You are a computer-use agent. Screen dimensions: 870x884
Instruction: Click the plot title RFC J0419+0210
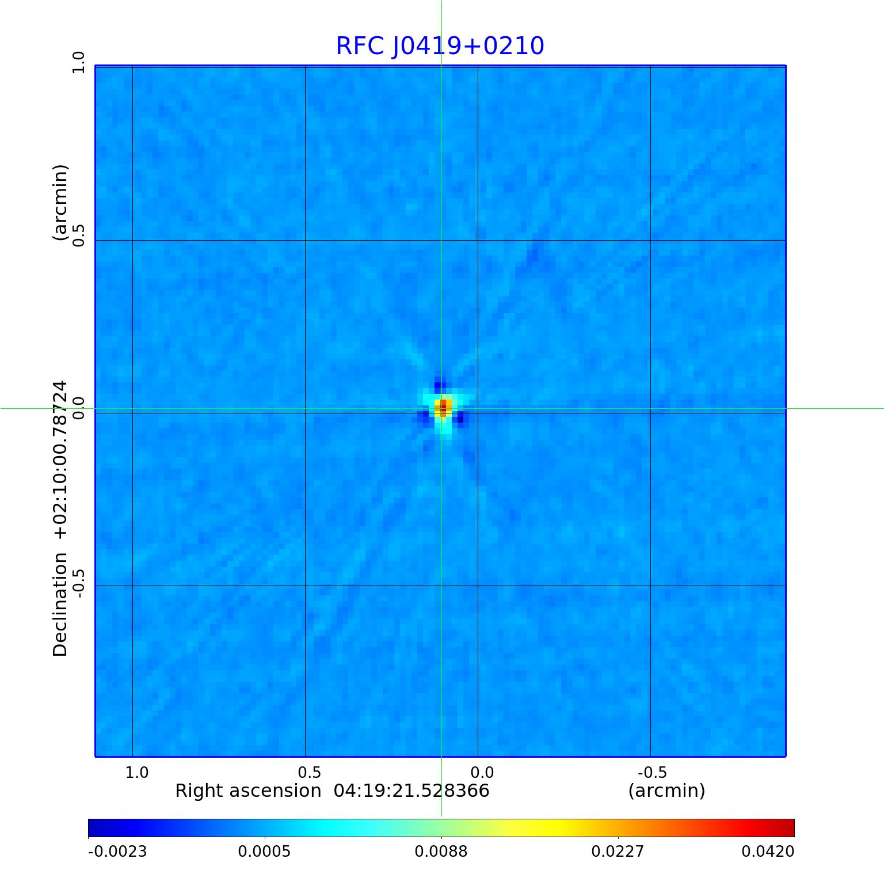440,46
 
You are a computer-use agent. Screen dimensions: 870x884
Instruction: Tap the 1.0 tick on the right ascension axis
137,772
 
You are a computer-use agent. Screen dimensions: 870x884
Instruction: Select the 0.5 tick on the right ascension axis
309,772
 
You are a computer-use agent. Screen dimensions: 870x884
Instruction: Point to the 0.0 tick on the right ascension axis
482,772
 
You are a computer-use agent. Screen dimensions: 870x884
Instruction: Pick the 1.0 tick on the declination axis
78,62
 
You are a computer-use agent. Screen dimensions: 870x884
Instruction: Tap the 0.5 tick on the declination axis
78,235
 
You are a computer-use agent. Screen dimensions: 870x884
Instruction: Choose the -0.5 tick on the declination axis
78,583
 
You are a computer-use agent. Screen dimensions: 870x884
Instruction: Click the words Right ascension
248,791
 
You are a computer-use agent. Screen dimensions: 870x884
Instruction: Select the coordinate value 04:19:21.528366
411,791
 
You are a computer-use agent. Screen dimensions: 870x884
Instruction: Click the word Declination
60,605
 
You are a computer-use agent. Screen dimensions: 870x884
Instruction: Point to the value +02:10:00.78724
60,459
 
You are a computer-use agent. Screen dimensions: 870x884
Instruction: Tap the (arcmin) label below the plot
666,791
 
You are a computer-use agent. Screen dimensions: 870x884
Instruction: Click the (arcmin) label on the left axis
60,203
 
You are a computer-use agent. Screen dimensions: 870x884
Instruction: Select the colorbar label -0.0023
117,852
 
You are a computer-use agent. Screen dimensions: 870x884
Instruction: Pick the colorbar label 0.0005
265,852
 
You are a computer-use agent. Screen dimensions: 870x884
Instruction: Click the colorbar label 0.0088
441,852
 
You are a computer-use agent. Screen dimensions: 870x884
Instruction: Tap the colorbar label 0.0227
618,852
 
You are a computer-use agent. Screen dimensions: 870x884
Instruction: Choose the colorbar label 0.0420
768,852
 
